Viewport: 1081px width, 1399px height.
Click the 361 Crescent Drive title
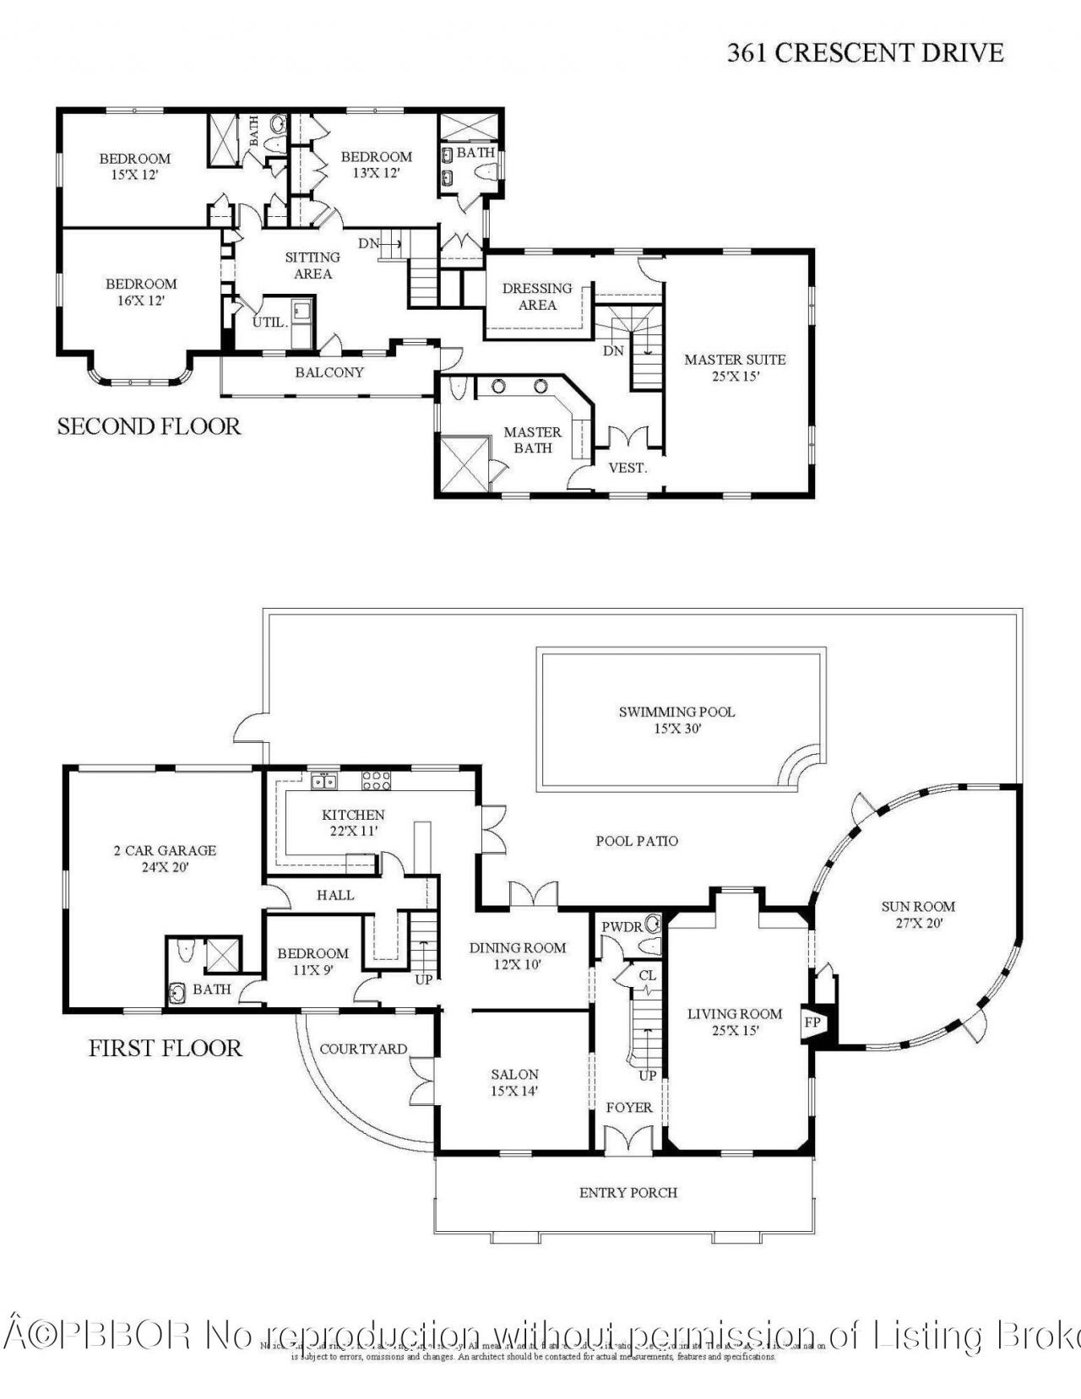865,53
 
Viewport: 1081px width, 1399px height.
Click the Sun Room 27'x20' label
918,914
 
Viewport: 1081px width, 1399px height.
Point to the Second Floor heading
149,426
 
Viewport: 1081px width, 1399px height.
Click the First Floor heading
166,1048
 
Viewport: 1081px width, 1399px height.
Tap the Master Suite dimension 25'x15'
735,377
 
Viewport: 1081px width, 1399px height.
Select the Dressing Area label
537,296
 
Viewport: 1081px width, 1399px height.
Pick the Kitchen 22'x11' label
353,822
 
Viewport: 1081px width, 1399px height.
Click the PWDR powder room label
622,927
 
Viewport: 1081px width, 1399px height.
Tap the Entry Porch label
628,1192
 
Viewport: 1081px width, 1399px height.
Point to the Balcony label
329,372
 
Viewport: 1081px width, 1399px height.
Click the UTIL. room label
269,323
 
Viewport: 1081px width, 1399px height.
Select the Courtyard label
363,1049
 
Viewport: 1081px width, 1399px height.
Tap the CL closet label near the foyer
647,976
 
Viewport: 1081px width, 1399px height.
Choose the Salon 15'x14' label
514,1082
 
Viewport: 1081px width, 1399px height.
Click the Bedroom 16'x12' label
141,292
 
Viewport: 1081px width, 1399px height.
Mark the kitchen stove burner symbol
377,781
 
